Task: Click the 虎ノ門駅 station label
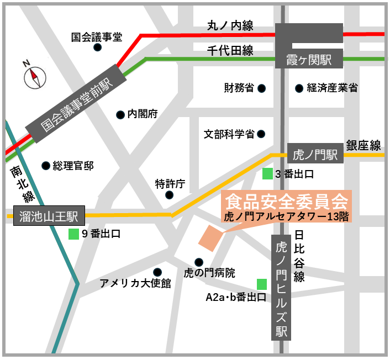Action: click(x=315, y=154)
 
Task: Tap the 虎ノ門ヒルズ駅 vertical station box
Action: click(x=281, y=287)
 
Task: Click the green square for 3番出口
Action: click(x=267, y=173)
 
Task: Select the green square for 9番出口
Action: click(x=73, y=234)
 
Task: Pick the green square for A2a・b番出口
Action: click(x=262, y=284)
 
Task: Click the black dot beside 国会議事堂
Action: click(x=98, y=47)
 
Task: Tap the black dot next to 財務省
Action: click(x=262, y=88)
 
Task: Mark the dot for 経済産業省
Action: click(x=299, y=88)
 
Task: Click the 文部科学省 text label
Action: click(x=229, y=134)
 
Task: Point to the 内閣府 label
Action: click(x=143, y=114)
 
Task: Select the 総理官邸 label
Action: click(x=73, y=165)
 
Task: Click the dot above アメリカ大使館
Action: click(x=157, y=272)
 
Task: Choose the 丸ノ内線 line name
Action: click(x=230, y=25)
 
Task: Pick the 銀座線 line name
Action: click(x=363, y=145)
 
